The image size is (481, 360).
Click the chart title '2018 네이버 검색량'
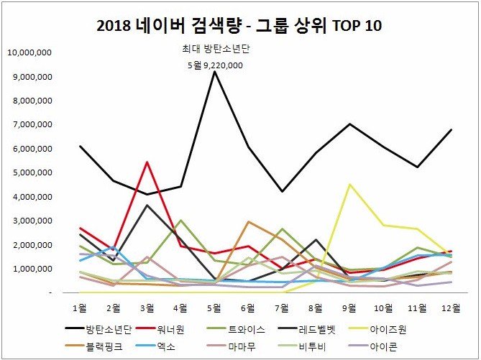pos(239,26)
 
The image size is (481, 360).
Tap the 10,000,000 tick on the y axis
pos(29,52)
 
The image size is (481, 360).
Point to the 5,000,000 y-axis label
pos(29,172)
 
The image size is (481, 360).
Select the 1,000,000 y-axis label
pos(29,269)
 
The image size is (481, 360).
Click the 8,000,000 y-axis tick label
pos(29,101)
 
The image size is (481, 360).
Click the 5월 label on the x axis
pos(214,306)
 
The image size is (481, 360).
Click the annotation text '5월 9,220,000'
pos(214,65)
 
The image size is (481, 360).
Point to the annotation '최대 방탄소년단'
pos(214,50)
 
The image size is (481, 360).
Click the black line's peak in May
pos(214,71)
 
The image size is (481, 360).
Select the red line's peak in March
pos(147,162)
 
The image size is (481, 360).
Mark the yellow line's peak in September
pos(349,185)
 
